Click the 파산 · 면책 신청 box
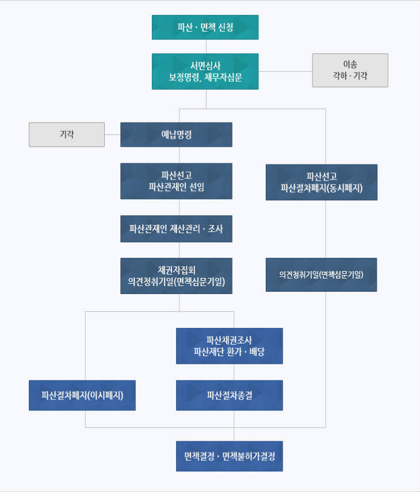pos(205,27)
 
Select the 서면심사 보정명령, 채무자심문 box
pos(205,71)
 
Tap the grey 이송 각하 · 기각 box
pos(350,70)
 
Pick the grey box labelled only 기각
pos(67,135)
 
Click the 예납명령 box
pos(176,135)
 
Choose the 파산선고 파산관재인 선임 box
pos(176,181)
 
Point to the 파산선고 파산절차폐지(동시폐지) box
pos(322,182)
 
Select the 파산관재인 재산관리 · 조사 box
pos(176,229)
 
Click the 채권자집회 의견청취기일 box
pos(176,276)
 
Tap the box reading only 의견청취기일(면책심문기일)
pos(321,275)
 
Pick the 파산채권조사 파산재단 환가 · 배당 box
pos(230,346)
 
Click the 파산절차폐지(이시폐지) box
pos(82,395)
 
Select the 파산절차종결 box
pos(230,395)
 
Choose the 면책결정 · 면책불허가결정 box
pos(230,456)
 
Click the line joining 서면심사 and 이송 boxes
pos(285,71)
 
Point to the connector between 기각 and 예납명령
pos(112,135)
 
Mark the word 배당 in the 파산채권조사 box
pos(257,352)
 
